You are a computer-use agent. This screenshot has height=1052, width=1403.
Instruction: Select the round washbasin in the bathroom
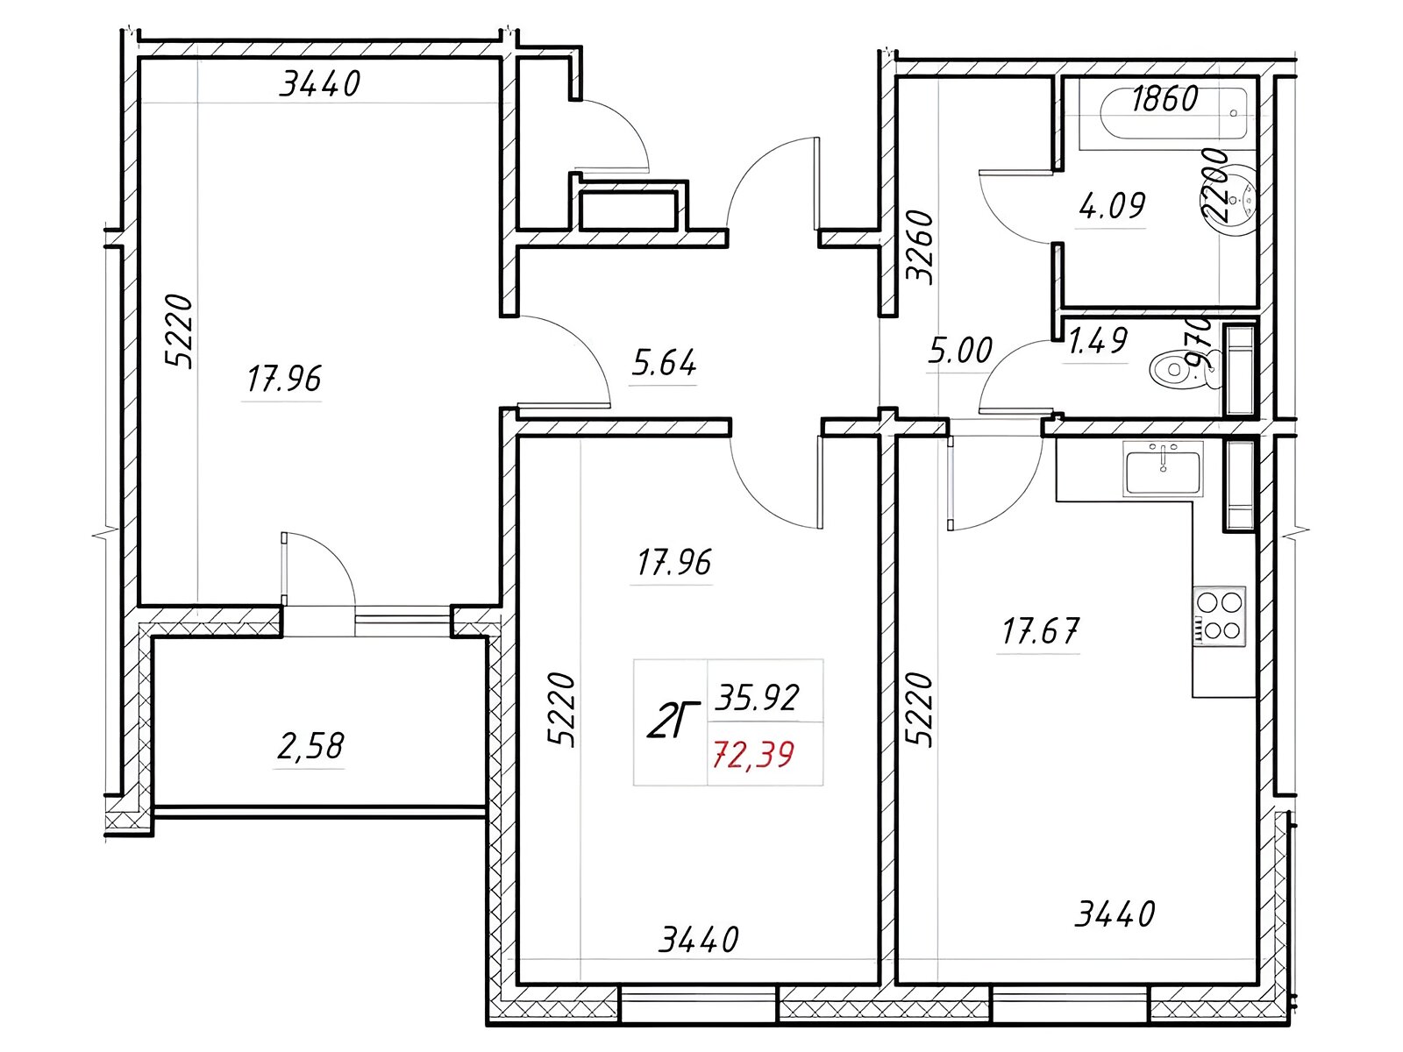(1236, 199)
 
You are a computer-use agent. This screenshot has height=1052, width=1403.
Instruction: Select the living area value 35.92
(757, 698)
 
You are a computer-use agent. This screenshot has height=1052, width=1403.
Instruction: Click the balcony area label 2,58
(310, 746)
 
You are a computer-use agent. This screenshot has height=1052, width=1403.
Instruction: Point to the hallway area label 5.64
(664, 363)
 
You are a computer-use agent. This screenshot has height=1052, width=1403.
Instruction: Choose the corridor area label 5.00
(960, 350)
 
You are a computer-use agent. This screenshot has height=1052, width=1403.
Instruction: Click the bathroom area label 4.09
(1112, 206)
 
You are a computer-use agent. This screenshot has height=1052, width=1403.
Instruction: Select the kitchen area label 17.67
(1040, 630)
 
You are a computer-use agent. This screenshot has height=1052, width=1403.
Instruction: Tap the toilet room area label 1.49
(1098, 342)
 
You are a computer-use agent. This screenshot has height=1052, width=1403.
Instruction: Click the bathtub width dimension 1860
(1164, 99)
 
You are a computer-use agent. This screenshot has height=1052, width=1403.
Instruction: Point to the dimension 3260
(921, 246)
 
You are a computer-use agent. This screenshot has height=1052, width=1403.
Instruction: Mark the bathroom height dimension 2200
(1214, 186)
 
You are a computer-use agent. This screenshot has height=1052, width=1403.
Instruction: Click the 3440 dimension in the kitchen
(1115, 914)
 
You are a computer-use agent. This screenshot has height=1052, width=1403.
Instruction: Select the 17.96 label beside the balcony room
(284, 379)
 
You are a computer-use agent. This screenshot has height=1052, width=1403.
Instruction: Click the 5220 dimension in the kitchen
(920, 709)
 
